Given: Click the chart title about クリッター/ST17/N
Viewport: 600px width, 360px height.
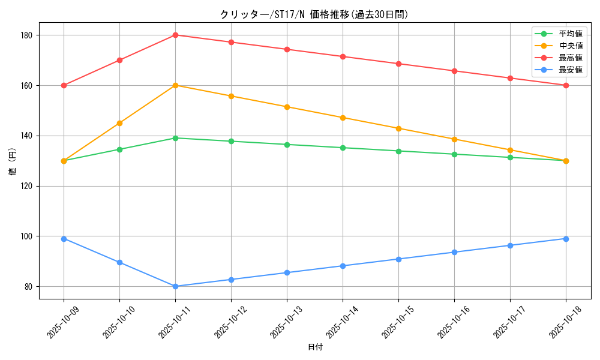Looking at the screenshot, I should tap(314, 14).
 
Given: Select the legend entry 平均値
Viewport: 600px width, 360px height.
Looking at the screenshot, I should tap(570, 34).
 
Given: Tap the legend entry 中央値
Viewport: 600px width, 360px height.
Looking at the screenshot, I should tap(570, 46).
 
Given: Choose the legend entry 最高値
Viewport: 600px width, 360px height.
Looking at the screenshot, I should tap(570, 58).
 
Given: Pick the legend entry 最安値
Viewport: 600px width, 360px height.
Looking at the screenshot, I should tap(570, 70).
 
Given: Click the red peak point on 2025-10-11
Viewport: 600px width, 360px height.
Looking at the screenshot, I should tap(175, 35).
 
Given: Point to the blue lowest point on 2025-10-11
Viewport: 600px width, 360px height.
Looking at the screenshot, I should tap(175, 286).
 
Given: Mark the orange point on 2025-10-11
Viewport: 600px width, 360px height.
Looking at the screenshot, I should tap(175, 85).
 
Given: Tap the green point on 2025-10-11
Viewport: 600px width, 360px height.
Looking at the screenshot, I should tap(175, 138).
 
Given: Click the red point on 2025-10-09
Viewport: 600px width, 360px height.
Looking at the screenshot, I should tap(64, 85).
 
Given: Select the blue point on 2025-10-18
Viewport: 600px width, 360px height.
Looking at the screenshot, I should tap(566, 239).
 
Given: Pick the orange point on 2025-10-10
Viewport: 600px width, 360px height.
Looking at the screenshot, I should tap(119, 123).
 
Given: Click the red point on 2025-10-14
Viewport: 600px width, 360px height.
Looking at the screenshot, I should tap(343, 56).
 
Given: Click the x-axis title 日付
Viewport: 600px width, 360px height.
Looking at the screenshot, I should tap(315, 347).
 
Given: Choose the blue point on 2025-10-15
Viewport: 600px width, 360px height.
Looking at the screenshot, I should tap(398, 259).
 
